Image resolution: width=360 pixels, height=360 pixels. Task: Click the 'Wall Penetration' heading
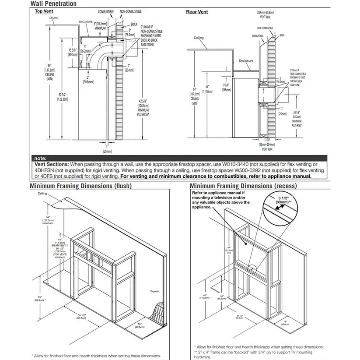click(54, 4)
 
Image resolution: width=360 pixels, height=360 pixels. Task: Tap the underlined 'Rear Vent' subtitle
click(197, 12)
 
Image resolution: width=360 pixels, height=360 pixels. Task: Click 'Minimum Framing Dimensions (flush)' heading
click(81, 186)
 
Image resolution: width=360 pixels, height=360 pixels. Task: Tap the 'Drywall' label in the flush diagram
click(154, 291)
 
